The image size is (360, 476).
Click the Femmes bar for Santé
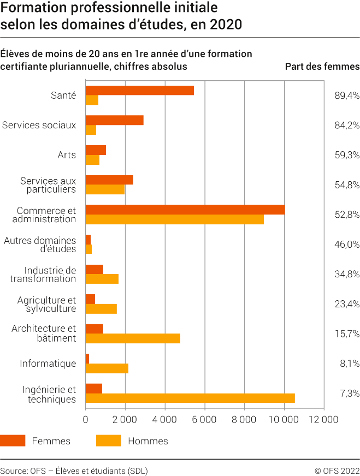tap(139, 91)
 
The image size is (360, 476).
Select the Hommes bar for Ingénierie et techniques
tap(190, 398)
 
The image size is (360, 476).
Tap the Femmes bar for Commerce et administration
tap(185, 210)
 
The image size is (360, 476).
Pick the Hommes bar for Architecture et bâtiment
tap(133, 338)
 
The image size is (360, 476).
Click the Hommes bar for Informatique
tap(107, 368)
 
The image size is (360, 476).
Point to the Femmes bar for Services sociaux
tap(114, 120)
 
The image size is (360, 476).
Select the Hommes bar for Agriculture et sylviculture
tap(101, 309)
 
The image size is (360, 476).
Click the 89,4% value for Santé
tap(347, 96)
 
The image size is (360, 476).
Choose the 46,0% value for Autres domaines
tap(347, 244)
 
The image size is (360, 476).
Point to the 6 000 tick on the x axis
tap(204, 419)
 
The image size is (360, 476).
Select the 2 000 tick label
tap(125, 419)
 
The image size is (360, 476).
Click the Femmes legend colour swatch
tap(13, 441)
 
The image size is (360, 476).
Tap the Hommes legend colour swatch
tap(108, 441)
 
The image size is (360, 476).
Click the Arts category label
tap(67, 155)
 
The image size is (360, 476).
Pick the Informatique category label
tap(48, 363)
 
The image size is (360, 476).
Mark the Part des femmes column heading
tap(322, 67)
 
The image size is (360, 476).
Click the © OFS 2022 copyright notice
tap(337, 471)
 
